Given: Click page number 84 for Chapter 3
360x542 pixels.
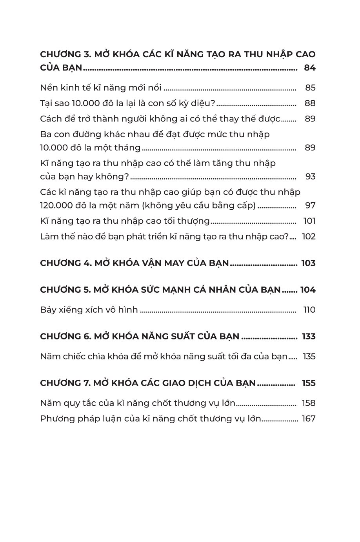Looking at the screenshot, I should (309, 68).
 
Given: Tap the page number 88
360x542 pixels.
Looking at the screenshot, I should (310, 103).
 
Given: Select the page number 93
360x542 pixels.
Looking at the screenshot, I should (310, 176).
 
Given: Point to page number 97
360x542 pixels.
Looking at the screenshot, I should (310, 205).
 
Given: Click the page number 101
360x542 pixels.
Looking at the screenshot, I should (309, 221).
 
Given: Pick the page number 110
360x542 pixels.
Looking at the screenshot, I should (309, 310).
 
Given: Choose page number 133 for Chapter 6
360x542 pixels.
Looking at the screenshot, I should (309, 337).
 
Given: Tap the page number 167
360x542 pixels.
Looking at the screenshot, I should (309, 419).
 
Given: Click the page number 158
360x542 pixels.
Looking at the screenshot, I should (309, 403).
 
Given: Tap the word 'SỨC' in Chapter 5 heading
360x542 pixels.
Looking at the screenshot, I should (159, 290).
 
